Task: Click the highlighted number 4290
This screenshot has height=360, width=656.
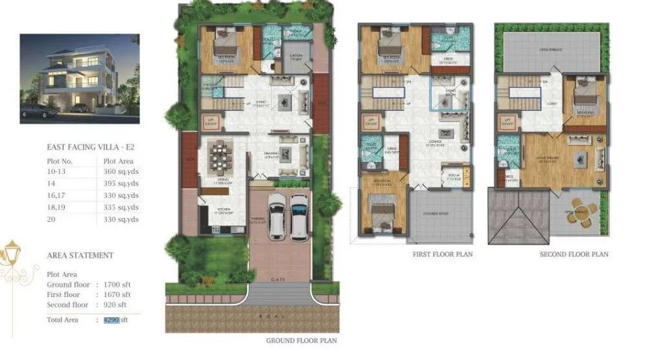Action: coord(111,320)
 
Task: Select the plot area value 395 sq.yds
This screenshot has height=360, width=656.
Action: coord(121,184)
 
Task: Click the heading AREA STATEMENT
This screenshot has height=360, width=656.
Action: coord(80,256)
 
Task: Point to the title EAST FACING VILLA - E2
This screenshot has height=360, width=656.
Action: coord(91,147)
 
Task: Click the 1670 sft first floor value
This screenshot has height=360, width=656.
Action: coord(115,294)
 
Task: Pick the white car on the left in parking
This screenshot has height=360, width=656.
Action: coord(277,217)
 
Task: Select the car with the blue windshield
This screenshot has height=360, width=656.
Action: coord(299,217)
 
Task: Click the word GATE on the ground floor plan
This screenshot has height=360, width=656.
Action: coord(278,279)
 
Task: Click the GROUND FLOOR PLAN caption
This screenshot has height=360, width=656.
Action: coord(301,340)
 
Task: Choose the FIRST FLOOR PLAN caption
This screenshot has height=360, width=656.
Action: coord(443,255)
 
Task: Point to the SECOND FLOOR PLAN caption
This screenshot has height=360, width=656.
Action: coord(574,255)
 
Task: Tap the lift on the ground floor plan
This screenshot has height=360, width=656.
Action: coord(210,121)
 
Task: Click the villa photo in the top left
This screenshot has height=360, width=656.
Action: coord(79,78)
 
